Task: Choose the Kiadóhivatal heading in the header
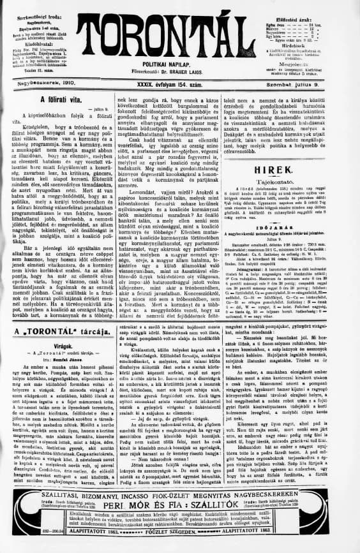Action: coord(40,36)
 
